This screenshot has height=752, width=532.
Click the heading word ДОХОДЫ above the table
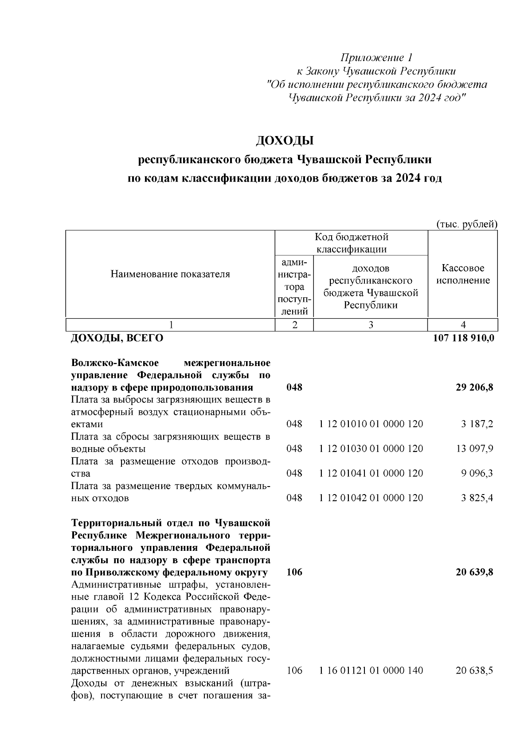pyautogui.click(x=285, y=141)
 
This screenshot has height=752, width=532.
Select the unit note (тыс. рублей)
pyautogui.click(x=467, y=225)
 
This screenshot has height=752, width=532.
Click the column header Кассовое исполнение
pyautogui.click(x=463, y=274)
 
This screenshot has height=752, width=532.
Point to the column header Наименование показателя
pyautogui.click(x=170, y=274)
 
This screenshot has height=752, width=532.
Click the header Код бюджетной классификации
pyautogui.click(x=351, y=243)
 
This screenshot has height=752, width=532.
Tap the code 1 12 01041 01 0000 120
pyautogui.click(x=371, y=474)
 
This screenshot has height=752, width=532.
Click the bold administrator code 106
pyautogui.click(x=294, y=572)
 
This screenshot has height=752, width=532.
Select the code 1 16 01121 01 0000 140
pyautogui.click(x=371, y=671)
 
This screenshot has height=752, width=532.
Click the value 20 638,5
pyautogui.click(x=474, y=671)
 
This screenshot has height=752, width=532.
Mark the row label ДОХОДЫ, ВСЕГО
pyautogui.click(x=117, y=339)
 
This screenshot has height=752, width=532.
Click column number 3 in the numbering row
pyautogui.click(x=371, y=325)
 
